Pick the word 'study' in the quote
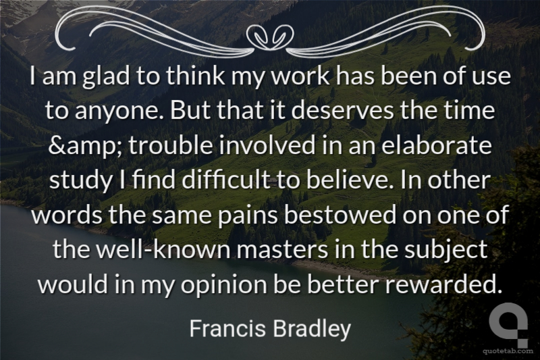click(80, 180)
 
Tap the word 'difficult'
click(226, 180)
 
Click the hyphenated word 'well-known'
click(163, 249)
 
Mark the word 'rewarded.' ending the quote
click(443, 284)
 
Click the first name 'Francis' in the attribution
click(227, 328)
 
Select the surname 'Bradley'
click(312, 329)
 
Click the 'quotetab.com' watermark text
click(508, 351)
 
